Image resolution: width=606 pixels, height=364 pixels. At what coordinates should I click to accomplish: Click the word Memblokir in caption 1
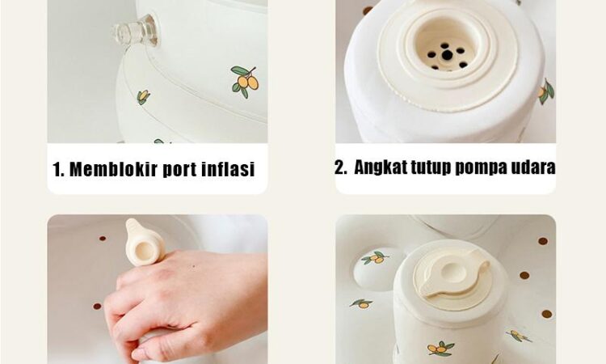click(113, 169)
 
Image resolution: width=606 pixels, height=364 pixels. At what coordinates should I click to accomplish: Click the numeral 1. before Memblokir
click(58, 170)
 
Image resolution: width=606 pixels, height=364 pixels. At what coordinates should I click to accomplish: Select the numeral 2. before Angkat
click(341, 167)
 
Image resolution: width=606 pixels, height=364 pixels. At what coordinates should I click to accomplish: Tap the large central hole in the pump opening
click(447, 55)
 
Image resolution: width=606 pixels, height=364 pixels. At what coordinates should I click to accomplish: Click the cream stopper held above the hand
click(144, 243)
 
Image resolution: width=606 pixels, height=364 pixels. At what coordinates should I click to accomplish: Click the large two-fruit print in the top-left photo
click(245, 81)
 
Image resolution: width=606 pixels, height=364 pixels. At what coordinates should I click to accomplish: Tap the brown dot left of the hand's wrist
click(97, 307)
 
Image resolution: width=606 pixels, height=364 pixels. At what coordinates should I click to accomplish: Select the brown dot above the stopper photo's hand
click(103, 239)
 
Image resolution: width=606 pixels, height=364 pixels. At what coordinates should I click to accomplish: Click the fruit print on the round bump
click(374, 258)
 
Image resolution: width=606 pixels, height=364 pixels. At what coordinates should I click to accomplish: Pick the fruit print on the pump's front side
click(440, 348)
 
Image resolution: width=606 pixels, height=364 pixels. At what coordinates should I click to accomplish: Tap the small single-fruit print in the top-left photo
click(143, 97)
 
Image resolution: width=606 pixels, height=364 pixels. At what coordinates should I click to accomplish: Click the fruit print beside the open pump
click(546, 91)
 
